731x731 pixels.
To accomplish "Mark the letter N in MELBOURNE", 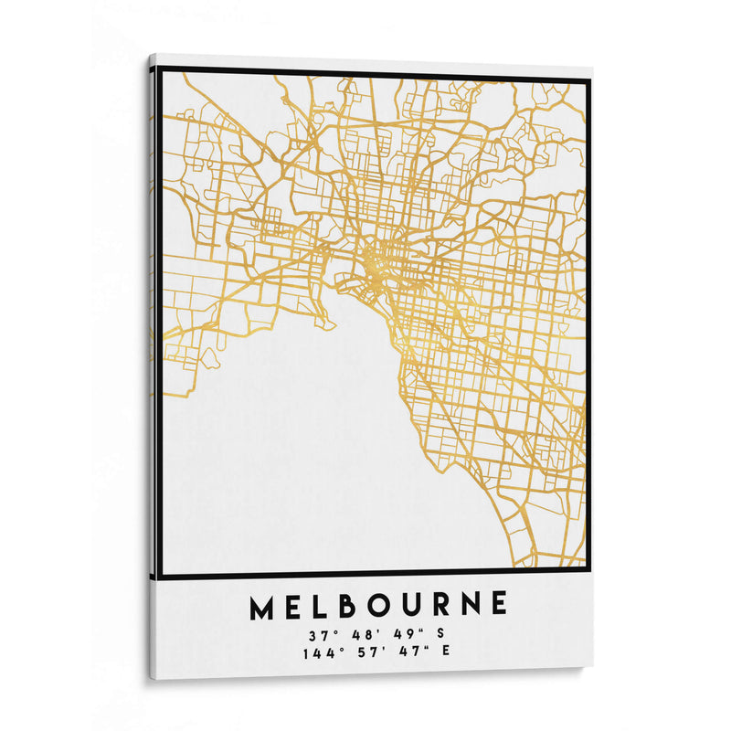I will coord(470,605).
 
